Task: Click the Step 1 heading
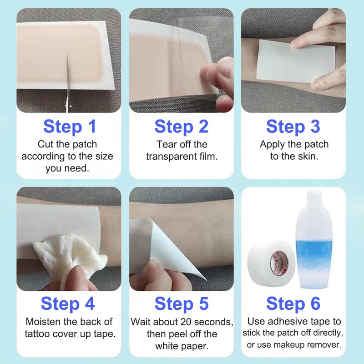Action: point(69,126)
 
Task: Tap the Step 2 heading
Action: point(181,126)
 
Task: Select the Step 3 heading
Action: point(293,126)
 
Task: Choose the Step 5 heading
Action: point(181,303)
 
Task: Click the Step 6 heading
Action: point(293,303)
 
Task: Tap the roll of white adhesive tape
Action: point(265,264)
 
